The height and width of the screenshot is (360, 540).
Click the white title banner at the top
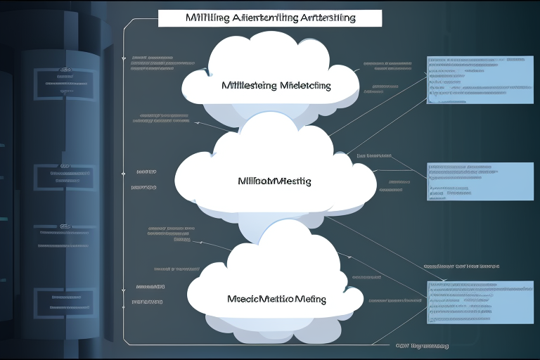(270, 18)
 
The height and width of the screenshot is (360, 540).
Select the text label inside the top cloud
(276, 86)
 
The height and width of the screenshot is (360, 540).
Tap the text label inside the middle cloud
(275, 181)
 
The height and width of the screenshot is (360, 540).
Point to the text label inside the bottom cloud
(276, 299)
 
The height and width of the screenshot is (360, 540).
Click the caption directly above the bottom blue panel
(461, 267)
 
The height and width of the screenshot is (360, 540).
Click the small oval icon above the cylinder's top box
(65, 70)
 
